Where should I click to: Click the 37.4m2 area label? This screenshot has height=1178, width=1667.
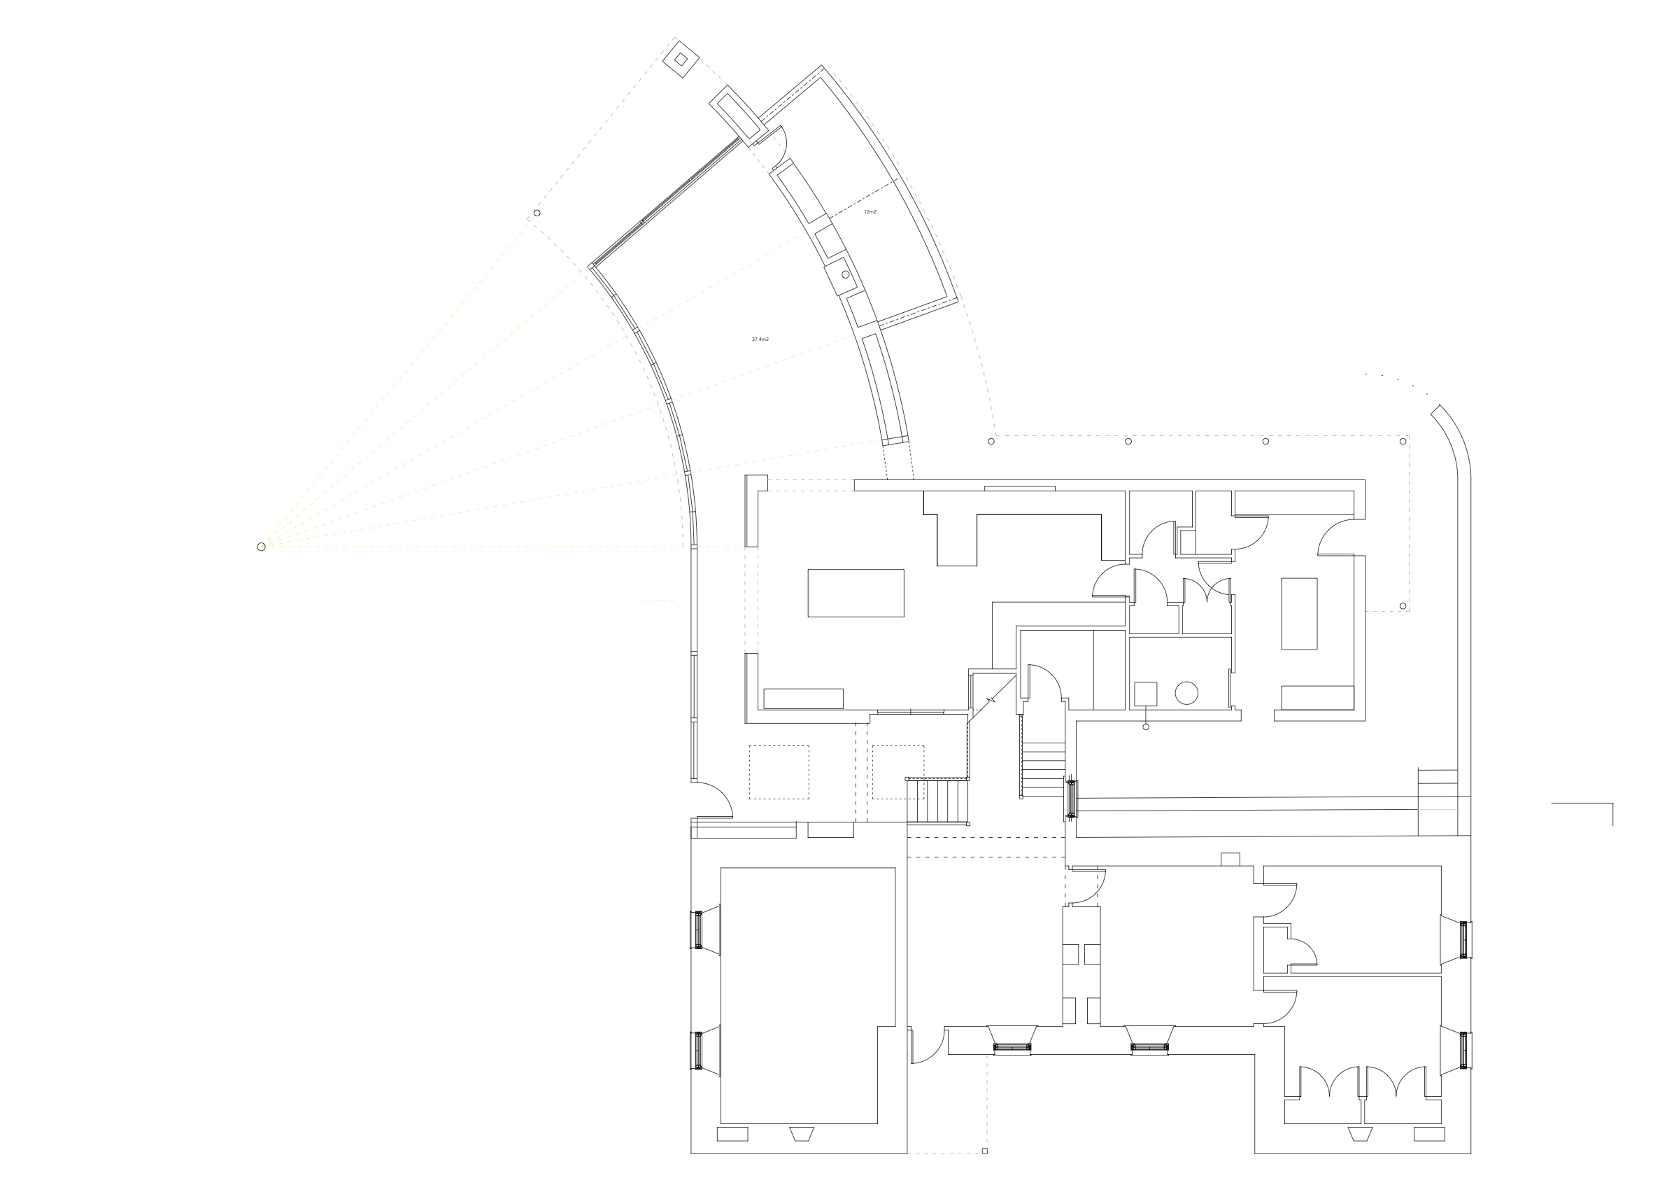[x=760, y=339]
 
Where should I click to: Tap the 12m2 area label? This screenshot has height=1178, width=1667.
[x=870, y=211]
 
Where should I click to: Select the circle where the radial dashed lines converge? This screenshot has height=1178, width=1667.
[x=262, y=547]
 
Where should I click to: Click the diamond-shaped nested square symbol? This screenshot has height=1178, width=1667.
[x=681, y=60]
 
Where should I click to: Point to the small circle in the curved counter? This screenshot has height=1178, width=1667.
[x=846, y=274]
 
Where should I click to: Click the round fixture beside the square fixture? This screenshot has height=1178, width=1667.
[x=1186, y=693]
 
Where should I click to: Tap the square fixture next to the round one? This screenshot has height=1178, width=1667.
[x=1146, y=694]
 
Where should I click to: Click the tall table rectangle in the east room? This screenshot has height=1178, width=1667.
[x=1299, y=614]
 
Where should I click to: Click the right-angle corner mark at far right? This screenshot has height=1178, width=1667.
[x=1612, y=804]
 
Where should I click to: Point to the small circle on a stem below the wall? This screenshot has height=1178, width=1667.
[x=1147, y=727]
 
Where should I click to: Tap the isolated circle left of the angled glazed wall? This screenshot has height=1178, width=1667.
[x=537, y=213]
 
